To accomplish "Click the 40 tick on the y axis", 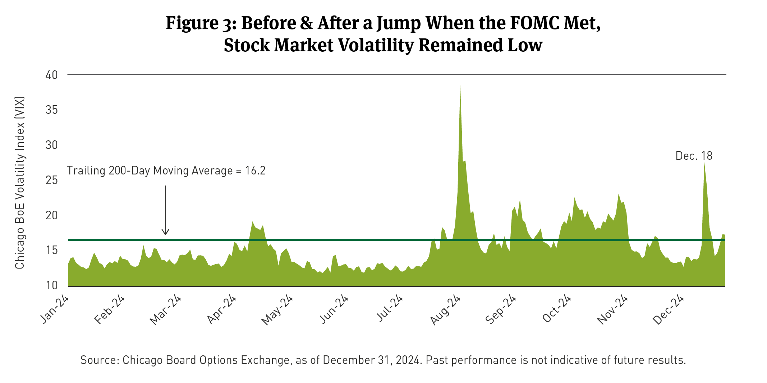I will (51, 75).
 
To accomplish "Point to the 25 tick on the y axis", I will (51, 180).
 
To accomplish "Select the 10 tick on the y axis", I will (51, 285).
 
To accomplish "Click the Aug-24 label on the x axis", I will (445, 310).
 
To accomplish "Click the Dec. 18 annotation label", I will (694, 156).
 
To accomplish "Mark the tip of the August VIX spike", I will (460, 86).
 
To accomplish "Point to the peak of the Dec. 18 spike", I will (704, 163).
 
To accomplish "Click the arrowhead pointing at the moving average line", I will (165, 233).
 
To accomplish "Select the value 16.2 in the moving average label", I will (255, 171).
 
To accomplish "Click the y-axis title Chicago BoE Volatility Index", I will (20, 182).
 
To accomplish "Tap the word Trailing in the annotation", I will (86, 171).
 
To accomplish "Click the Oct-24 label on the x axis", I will (557, 309).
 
